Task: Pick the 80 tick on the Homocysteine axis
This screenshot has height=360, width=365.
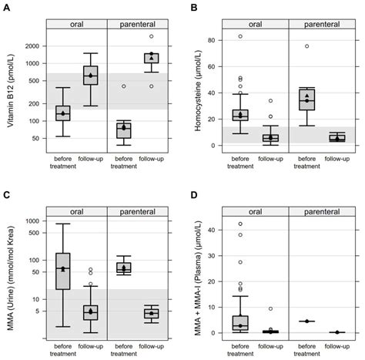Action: (x=217, y=39)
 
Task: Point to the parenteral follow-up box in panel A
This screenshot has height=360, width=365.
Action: (x=152, y=59)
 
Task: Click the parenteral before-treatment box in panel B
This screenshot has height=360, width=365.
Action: (x=307, y=99)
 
